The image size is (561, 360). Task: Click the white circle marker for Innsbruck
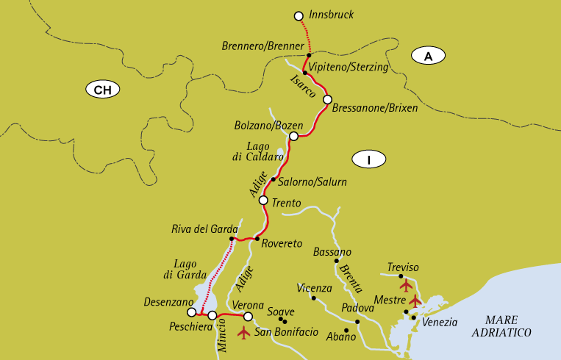point(298,15)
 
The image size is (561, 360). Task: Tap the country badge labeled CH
point(102,90)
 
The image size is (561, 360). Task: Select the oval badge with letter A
point(429,56)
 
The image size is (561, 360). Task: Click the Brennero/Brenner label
point(262,46)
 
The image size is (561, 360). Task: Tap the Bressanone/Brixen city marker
point(327,99)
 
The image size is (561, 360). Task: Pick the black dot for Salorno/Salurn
point(273,179)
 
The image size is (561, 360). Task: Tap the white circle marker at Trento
point(263,200)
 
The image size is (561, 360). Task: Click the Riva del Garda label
point(204,228)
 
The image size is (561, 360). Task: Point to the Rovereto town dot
point(256,239)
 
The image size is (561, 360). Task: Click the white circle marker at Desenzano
point(192,312)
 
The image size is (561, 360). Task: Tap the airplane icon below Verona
point(244,333)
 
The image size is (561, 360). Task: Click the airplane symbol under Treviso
point(405,285)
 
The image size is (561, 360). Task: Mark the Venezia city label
point(440,322)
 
